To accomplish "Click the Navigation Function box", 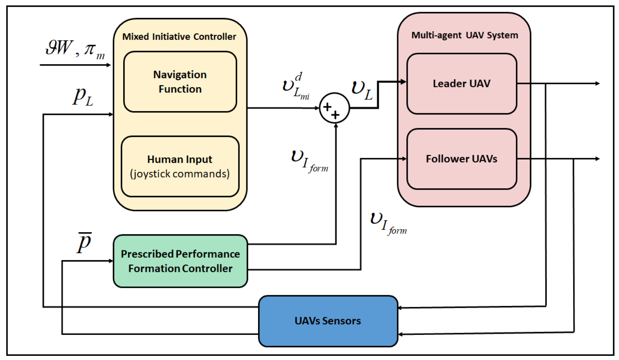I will [x=180, y=82].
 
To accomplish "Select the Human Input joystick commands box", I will [x=180, y=166].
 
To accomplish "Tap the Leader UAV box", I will [x=462, y=84].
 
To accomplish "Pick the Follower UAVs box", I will [x=462, y=159].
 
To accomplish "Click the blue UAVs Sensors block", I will [x=328, y=321].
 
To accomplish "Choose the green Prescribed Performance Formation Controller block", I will [x=180, y=261].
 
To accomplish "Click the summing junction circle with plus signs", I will [x=334, y=108].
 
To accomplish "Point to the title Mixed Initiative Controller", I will [x=179, y=37].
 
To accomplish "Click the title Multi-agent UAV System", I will [x=464, y=35].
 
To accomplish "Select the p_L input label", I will [x=83, y=96].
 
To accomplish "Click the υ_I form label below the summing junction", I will [x=309, y=161].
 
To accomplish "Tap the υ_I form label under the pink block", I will [x=388, y=223].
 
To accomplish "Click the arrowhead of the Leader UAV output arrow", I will [x=598, y=84].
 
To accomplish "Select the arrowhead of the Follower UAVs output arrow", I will [x=598, y=159].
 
